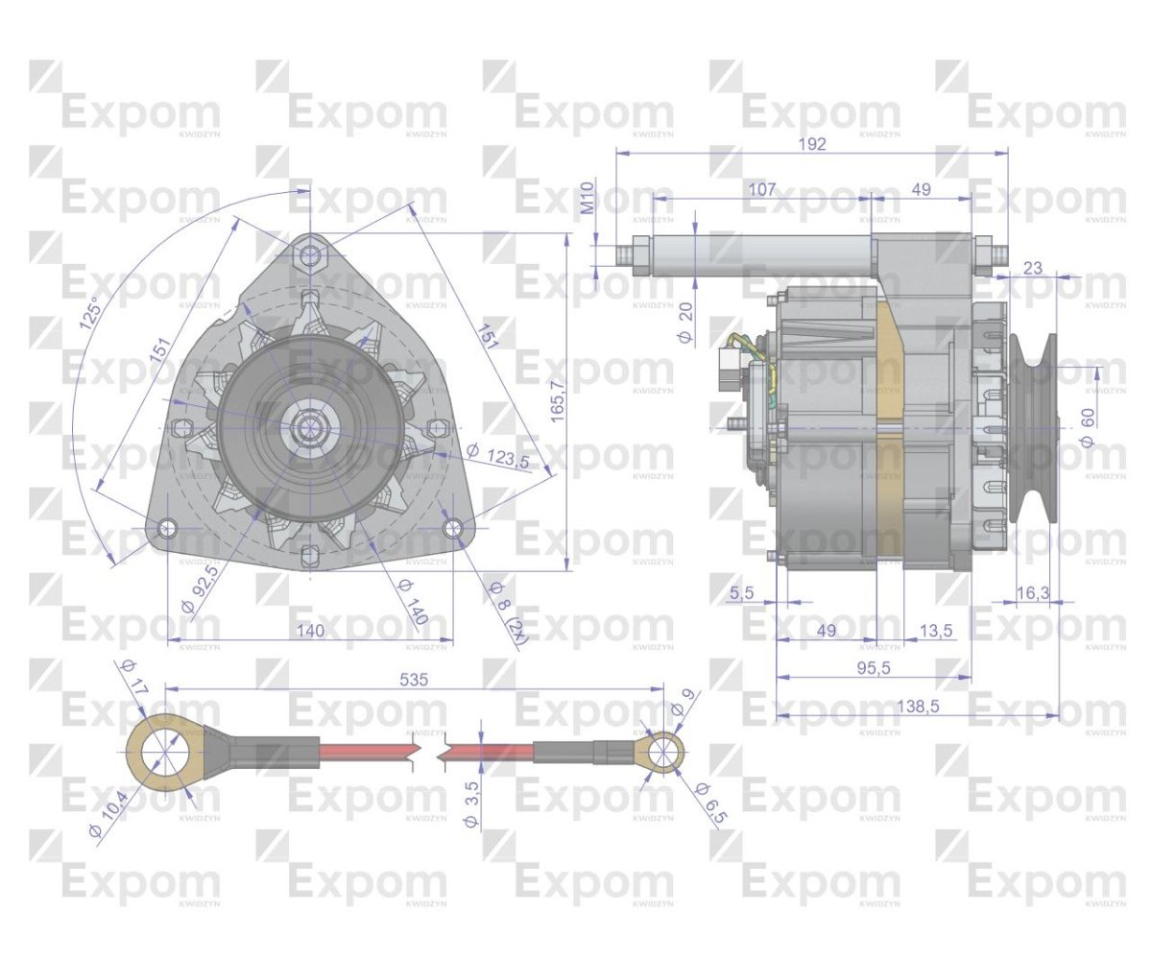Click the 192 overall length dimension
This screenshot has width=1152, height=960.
click(x=812, y=144)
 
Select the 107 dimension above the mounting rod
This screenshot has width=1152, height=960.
click(x=760, y=190)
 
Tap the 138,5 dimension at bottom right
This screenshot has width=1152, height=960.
click(x=919, y=707)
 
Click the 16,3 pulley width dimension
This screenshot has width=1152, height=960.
click(x=1032, y=594)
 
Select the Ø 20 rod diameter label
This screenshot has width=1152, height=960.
click(x=684, y=322)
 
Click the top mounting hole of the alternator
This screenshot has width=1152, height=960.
click(x=310, y=255)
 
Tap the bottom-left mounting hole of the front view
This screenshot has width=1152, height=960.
click(x=167, y=528)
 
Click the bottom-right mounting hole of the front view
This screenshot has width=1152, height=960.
click(x=455, y=528)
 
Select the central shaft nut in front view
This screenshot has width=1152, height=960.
click(x=309, y=426)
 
